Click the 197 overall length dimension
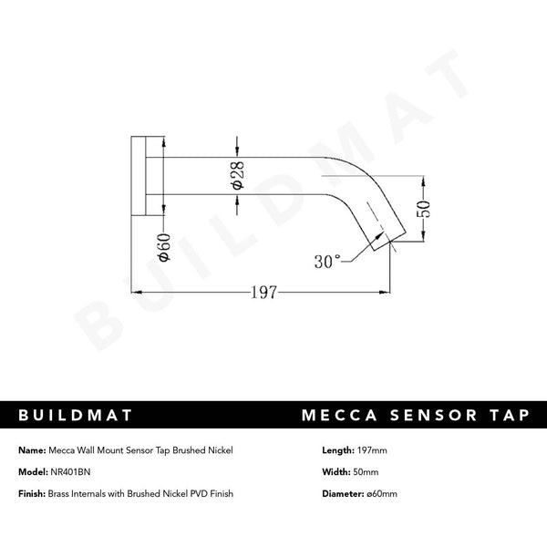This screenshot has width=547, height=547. pyautogui.click(x=263, y=293)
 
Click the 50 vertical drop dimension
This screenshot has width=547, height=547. pyautogui.click(x=424, y=208)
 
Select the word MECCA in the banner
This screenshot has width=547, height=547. pyautogui.click(x=342, y=416)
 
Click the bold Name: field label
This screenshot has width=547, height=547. pyautogui.click(x=31, y=449)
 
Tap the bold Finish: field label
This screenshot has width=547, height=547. pyautogui.click(x=33, y=493)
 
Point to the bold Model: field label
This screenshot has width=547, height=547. pyautogui.click(x=32, y=471)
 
